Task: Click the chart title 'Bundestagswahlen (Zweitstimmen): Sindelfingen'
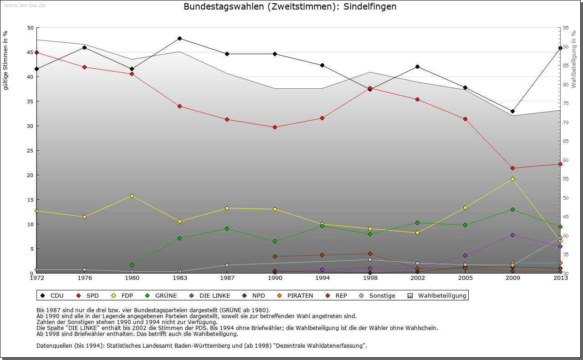(290, 7)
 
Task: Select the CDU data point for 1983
(179, 38)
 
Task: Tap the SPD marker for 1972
(36, 52)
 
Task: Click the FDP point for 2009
(512, 179)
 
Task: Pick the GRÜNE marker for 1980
(132, 265)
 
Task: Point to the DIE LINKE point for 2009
(512, 235)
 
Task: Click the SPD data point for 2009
(512, 168)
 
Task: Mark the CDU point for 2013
(560, 48)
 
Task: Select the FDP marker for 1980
(132, 196)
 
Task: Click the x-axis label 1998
(370, 278)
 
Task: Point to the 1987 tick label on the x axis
(227, 278)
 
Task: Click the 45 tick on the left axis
(31, 52)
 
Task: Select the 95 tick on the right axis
(566, 28)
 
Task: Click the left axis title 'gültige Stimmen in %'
(5, 60)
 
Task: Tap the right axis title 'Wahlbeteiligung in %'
(574, 60)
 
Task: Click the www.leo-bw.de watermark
(24, 5)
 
